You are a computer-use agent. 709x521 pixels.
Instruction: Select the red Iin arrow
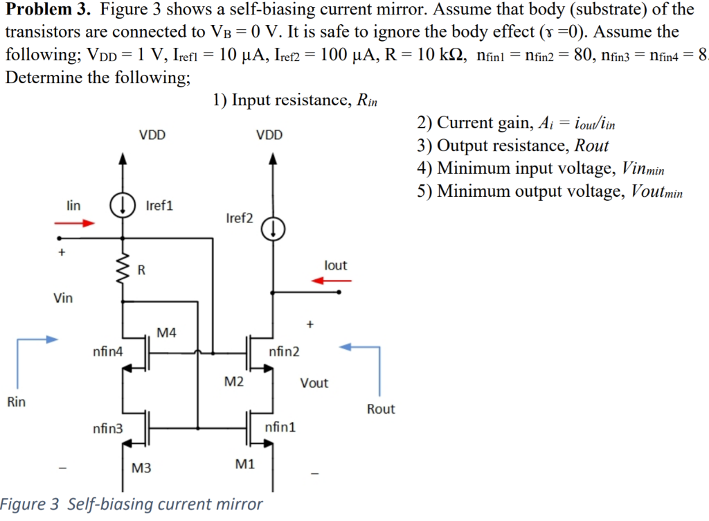pos(75,223)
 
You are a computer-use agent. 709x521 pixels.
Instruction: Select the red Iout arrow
pos(332,281)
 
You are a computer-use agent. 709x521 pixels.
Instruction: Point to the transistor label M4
pos(166,333)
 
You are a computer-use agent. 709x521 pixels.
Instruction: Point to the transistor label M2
pos(233,381)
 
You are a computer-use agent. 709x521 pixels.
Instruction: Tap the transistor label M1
pos(245,465)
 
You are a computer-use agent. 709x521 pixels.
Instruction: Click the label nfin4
pos(107,352)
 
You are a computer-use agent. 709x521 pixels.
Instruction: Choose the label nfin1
pos(280,427)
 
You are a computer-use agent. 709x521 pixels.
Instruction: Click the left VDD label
pos(152,135)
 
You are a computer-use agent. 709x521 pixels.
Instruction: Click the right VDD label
pos(269,135)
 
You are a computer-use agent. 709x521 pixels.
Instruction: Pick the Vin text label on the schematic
pos(63,299)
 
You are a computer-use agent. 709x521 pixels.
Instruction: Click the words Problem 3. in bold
pos(48,10)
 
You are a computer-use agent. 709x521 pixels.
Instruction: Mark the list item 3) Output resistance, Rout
pos(512,145)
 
